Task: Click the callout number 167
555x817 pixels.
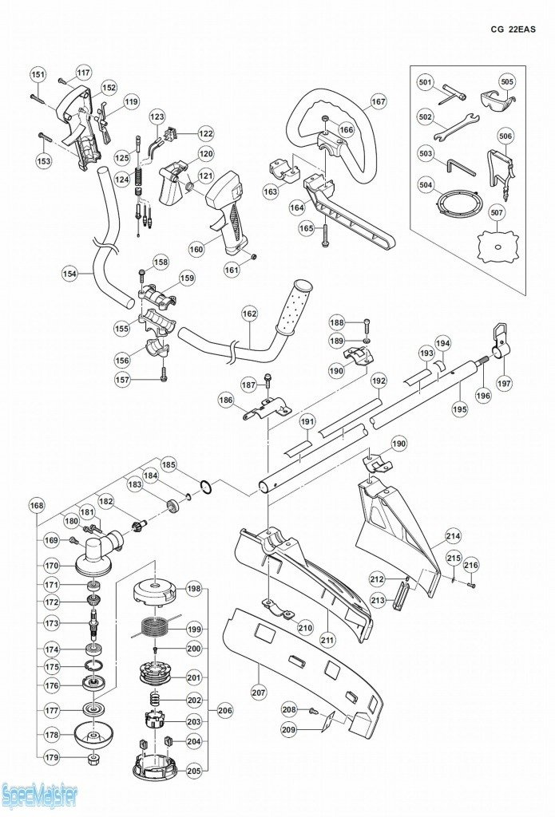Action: [x=378, y=102]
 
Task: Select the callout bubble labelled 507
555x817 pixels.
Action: [x=497, y=214]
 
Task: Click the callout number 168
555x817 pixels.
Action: [x=37, y=505]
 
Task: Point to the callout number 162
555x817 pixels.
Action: [x=250, y=314]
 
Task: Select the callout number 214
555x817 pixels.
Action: [x=453, y=535]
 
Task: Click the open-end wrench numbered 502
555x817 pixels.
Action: [x=455, y=125]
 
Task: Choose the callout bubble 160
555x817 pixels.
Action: [x=196, y=249]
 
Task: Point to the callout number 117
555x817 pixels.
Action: [x=84, y=73]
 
